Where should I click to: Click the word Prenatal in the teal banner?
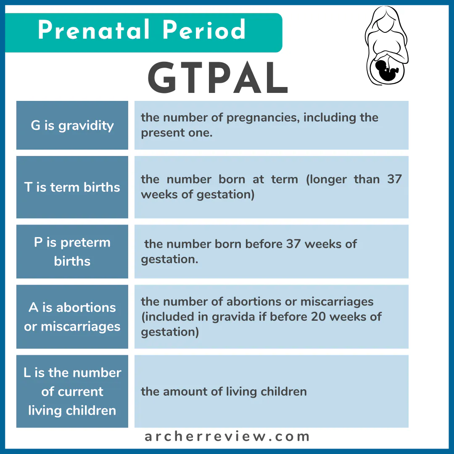click(93, 29)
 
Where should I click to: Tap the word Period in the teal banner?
click(204, 29)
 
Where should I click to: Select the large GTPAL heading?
click(218, 78)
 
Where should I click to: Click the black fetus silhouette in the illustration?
click(386, 70)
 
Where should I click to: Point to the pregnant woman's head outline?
click(385, 20)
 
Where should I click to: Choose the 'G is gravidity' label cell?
click(72, 125)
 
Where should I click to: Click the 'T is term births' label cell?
click(72, 187)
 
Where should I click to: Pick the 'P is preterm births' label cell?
click(72, 251)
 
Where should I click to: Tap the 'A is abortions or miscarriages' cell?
click(72, 317)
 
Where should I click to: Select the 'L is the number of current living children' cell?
click(72, 391)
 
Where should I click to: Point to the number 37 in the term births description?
click(394, 179)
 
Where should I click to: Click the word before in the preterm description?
click(264, 244)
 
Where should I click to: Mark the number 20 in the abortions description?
click(319, 317)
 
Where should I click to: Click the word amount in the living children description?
click(185, 391)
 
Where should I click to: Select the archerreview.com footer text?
click(227, 437)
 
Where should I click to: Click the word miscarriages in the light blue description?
click(337, 302)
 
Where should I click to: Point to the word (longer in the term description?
click(326, 180)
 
